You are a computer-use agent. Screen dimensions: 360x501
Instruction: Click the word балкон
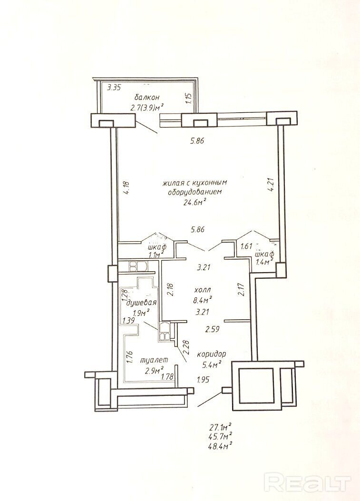(147, 97)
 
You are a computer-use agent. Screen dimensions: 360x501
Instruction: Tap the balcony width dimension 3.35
(114, 87)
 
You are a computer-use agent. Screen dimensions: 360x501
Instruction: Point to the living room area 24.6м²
(194, 202)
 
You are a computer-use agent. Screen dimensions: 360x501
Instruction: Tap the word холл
(203, 290)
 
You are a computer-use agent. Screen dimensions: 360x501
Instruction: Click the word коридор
(212, 354)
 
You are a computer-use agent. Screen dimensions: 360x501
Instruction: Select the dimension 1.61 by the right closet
(247, 246)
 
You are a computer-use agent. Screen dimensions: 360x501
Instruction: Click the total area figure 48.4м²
(219, 445)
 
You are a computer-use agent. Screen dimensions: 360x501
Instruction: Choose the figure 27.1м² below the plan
(219, 427)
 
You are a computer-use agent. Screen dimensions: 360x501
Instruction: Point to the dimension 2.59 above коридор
(212, 329)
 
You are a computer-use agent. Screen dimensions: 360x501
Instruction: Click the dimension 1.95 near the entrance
(203, 380)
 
